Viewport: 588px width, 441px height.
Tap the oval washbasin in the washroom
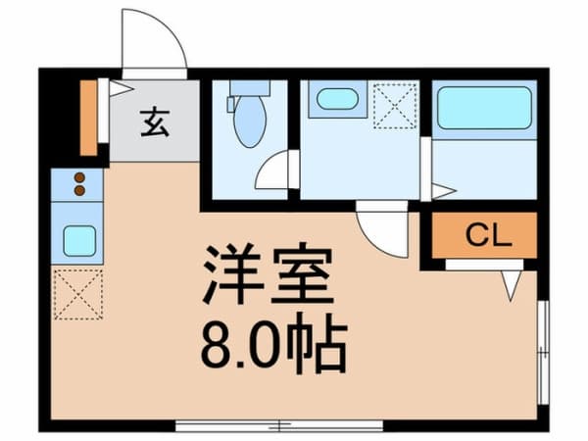tap(337, 99)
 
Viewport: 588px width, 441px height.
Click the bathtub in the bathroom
tap(484, 108)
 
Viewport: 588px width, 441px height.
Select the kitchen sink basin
tap(78, 238)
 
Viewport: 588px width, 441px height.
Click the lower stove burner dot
tap(79, 191)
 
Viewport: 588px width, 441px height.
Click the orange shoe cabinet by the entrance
tap(87, 117)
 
